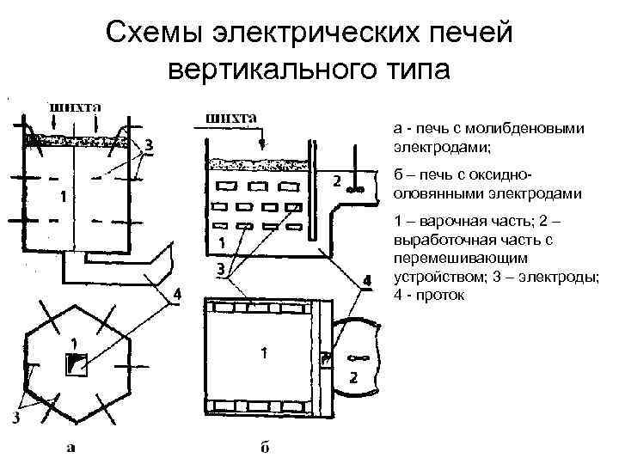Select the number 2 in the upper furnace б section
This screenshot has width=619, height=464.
[336, 181]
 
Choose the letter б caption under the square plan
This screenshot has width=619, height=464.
[262, 447]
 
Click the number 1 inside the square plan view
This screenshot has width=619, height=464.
[264, 352]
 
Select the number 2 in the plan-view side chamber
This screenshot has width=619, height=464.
[352, 379]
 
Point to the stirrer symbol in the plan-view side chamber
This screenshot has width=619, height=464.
[359, 357]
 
